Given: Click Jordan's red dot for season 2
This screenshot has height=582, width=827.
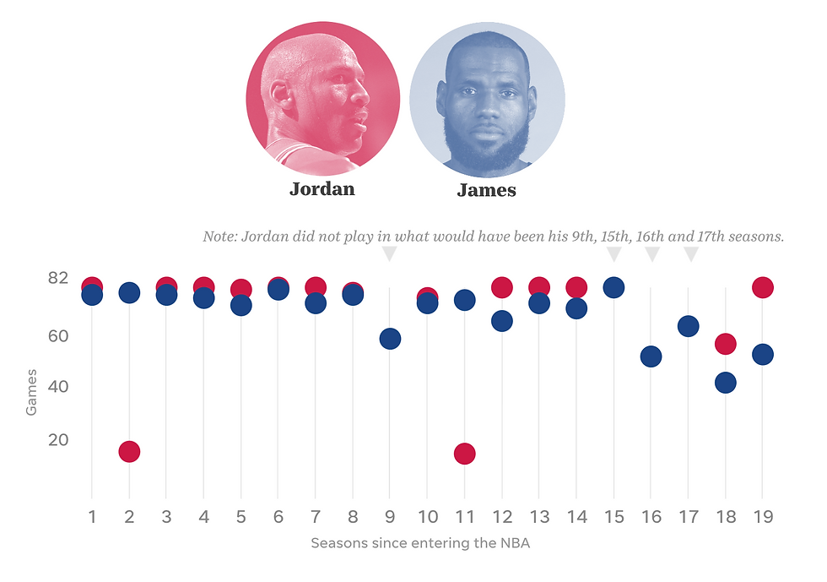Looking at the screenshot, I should (129, 452).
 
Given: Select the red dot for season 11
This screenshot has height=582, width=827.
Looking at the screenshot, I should (464, 454).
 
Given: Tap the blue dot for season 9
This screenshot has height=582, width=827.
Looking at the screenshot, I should (390, 339).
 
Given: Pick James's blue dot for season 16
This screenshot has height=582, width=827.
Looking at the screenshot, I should (651, 356).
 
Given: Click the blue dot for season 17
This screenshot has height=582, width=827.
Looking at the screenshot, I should (689, 326).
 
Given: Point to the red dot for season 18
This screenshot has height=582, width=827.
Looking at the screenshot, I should (726, 344).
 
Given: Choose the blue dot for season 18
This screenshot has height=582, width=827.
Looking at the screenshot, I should (726, 383).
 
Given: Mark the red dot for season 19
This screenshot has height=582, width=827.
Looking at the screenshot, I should (763, 287).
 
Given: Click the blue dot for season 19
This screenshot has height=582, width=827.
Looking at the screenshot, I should (763, 355).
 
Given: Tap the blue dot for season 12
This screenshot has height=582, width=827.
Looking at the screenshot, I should (502, 321).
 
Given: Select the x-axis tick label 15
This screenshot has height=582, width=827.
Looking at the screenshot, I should (613, 516).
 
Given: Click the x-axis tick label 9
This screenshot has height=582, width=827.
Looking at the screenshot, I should (390, 516).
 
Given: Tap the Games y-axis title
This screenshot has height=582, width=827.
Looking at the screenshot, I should (31, 391).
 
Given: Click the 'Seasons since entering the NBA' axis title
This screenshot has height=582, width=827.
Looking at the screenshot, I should (420, 543).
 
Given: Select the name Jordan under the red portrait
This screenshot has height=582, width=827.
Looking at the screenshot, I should (322, 188).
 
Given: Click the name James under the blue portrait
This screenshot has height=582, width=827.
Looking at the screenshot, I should (486, 190).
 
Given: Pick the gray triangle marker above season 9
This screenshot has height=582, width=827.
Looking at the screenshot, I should (389, 253).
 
